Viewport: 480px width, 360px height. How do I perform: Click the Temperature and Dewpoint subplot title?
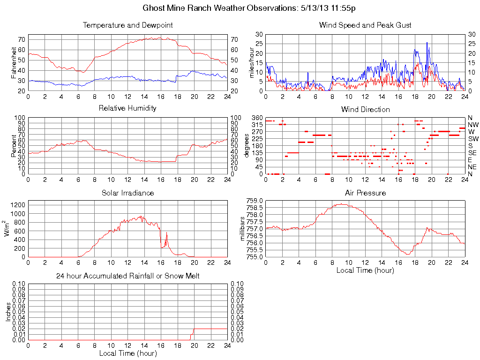(x=127, y=25)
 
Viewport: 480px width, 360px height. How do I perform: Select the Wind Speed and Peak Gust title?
(x=365, y=25)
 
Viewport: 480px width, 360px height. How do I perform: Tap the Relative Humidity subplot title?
(x=127, y=108)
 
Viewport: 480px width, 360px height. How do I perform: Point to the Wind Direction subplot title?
(x=365, y=110)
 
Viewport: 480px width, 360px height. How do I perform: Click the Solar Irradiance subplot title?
(x=127, y=193)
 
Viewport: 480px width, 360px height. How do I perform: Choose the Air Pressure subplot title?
(x=365, y=193)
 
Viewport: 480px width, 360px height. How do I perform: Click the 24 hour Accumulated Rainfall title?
(x=127, y=276)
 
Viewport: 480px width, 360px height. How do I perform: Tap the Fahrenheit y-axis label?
(x=15, y=62)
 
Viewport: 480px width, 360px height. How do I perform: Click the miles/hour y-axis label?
(x=252, y=62)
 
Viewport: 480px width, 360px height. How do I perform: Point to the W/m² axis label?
(x=7, y=229)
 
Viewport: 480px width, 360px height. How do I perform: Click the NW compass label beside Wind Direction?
(x=472, y=125)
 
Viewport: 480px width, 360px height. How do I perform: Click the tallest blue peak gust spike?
(x=427, y=43)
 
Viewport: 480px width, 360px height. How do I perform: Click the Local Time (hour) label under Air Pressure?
(x=365, y=270)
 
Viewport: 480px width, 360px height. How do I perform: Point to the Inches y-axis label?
(x=8, y=312)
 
